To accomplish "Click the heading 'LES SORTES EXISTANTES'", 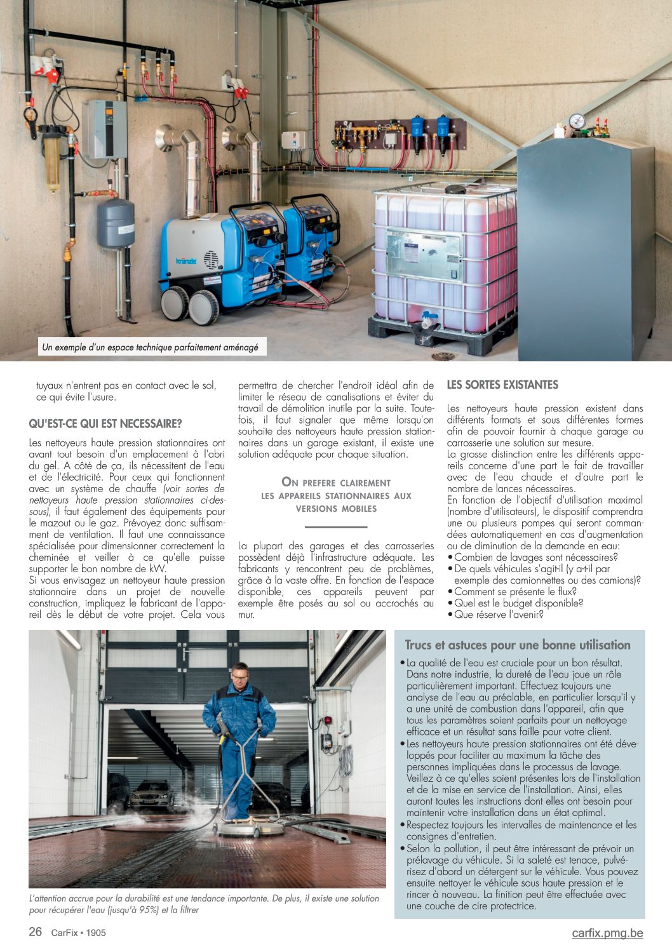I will [x=502, y=385].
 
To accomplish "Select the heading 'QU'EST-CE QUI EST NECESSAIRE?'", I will [x=105, y=424].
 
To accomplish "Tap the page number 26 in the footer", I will [x=36, y=932].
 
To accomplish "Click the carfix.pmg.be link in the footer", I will [x=607, y=932].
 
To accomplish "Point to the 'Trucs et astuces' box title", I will [x=518, y=645].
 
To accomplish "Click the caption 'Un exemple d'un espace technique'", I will [x=150, y=347].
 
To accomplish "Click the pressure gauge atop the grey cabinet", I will [x=577, y=121].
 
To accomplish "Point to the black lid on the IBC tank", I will [x=456, y=189].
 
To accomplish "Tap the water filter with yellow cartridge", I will [x=52, y=156].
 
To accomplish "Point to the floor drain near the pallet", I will [x=443, y=356].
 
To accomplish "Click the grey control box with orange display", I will [x=104, y=129].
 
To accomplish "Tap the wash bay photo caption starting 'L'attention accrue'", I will [x=205, y=904].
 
